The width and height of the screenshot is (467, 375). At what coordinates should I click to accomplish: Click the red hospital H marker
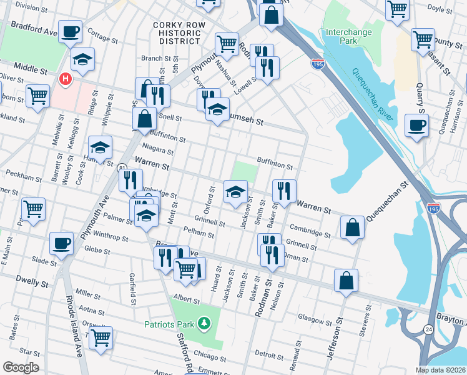[x=64, y=79]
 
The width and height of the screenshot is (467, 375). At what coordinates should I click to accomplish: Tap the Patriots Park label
[x=169, y=324]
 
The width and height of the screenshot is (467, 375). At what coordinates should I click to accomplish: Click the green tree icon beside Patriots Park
[x=203, y=323]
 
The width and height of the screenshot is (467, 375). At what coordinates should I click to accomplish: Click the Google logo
[x=21, y=367]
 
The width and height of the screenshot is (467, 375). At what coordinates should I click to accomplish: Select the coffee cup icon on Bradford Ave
[x=71, y=31]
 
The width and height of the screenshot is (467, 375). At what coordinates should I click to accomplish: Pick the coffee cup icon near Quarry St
[x=416, y=125]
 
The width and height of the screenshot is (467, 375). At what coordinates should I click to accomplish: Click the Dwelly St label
[x=33, y=283]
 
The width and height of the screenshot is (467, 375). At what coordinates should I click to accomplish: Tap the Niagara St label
[x=157, y=151]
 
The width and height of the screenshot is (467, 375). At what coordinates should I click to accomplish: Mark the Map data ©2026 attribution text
[x=441, y=370]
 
